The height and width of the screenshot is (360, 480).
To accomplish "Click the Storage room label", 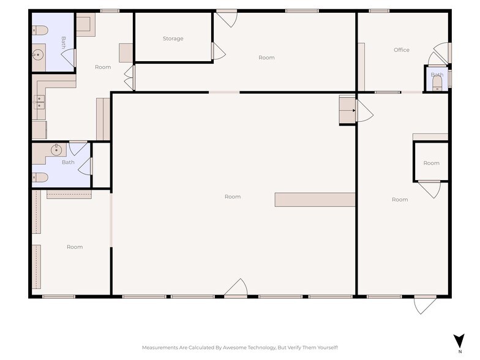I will pyautogui.click(x=173, y=39).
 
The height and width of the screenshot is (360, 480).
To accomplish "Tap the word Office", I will pyautogui.click(x=402, y=50).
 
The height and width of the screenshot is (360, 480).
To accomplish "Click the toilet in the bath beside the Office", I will pyautogui.click(x=437, y=84).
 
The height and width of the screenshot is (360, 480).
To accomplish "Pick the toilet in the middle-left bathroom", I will pyautogui.click(x=40, y=178).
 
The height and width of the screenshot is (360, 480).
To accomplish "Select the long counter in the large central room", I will pyautogui.click(x=315, y=200).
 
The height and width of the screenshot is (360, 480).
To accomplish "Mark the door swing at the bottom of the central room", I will pyautogui.click(x=236, y=288).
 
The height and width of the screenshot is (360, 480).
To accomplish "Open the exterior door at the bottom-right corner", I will pyautogui.click(x=425, y=304).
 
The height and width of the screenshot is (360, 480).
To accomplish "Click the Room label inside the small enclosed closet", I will pyautogui.click(x=431, y=163).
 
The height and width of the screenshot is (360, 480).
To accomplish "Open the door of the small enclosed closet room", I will pyautogui.click(x=429, y=189).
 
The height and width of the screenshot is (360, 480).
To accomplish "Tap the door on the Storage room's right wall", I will pyautogui.click(x=218, y=51).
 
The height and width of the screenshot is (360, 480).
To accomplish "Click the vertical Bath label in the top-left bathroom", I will pyautogui.click(x=63, y=42).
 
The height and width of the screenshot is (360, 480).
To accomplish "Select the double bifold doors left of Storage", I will pyautogui.click(x=129, y=78).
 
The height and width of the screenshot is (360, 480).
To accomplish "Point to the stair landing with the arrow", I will pyautogui.click(x=347, y=110).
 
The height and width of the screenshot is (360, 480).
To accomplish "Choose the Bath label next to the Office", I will pyautogui.click(x=437, y=75).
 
